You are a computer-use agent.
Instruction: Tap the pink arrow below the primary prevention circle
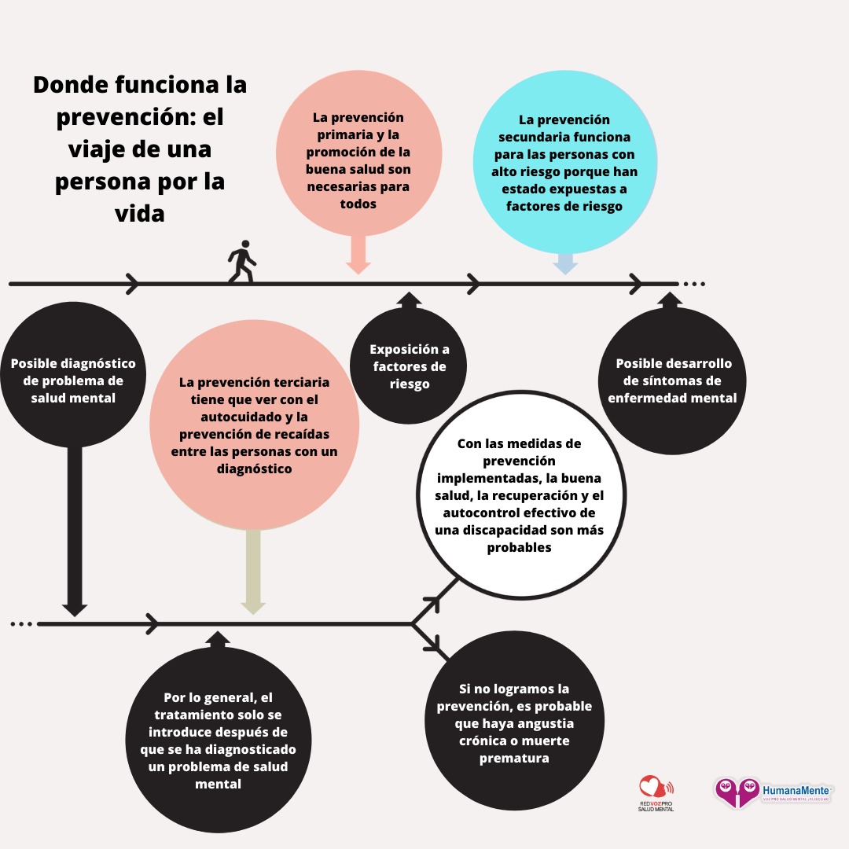358,255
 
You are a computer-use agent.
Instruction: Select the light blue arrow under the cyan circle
565,264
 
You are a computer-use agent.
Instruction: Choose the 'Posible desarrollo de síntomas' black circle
673,380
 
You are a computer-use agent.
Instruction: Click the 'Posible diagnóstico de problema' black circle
73,380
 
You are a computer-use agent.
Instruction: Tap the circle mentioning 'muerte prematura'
514,723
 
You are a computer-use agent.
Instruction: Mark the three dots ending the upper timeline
694,283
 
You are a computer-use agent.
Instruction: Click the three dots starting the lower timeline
21,624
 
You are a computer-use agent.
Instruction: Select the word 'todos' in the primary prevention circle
358,204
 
